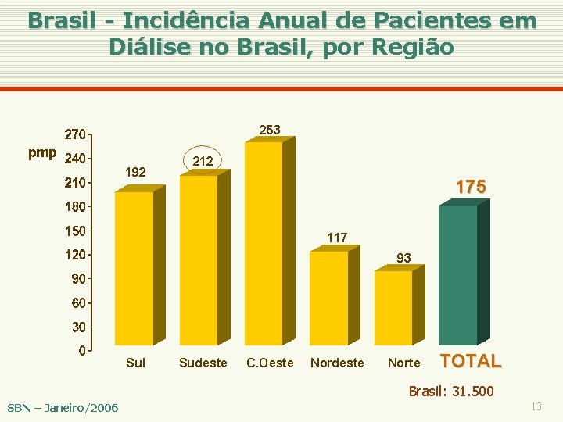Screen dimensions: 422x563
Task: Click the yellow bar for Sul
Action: click(x=134, y=267)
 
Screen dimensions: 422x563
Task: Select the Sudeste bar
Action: click(x=199, y=259)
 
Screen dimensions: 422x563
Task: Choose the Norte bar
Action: click(x=393, y=307)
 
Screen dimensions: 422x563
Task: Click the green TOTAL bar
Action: click(x=458, y=274)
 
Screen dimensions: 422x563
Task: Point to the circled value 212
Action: click(x=203, y=161)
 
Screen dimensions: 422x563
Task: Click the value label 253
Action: click(x=270, y=130)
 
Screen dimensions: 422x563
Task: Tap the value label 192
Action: click(x=135, y=172)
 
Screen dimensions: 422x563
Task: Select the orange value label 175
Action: click(x=471, y=187)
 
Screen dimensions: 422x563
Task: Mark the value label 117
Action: click(x=337, y=237)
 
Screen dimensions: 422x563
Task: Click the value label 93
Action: click(x=403, y=257)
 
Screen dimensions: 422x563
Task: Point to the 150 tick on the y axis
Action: click(x=75, y=231)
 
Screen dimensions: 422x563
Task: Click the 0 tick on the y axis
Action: click(x=81, y=351)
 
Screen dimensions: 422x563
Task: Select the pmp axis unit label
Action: click(x=42, y=152)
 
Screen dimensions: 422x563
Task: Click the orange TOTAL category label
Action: click(x=472, y=361)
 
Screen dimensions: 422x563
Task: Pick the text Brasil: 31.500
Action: click(x=451, y=391)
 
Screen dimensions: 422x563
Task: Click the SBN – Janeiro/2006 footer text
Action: click(x=63, y=407)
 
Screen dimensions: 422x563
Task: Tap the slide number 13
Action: click(x=536, y=406)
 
